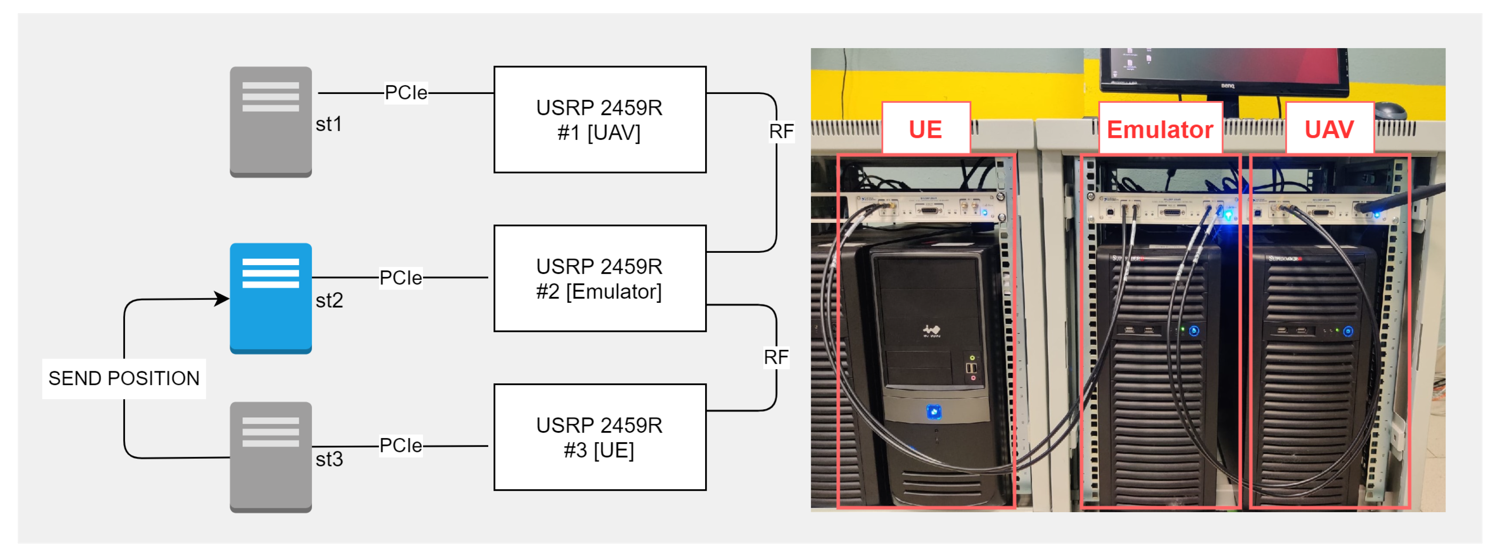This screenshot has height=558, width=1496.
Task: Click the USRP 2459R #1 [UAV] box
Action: pyautogui.click(x=599, y=120)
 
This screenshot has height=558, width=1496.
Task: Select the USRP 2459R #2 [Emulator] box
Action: pyautogui.click(x=599, y=278)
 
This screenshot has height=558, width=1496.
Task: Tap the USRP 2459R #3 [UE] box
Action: pyautogui.click(x=599, y=437)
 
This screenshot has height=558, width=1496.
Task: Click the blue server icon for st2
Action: pyautogui.click(x=270, y=297)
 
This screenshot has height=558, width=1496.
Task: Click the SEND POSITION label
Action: pyautogui.click(x=124, y=378)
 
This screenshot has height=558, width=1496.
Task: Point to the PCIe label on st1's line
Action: pyautogui.click(x=406, y=92)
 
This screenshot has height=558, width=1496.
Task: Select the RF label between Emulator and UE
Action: pyautogui.click(x=775, y=357)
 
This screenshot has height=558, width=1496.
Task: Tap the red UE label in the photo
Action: pyautogui.click(x=925, y=129)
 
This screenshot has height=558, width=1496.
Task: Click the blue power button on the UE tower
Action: pyautogui.click(x=933, y=412)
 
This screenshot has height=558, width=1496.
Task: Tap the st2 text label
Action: pyautogui.click(x=329, y=301)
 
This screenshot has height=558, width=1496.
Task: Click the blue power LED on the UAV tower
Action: pyautogui.click(x=1348, y=331)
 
